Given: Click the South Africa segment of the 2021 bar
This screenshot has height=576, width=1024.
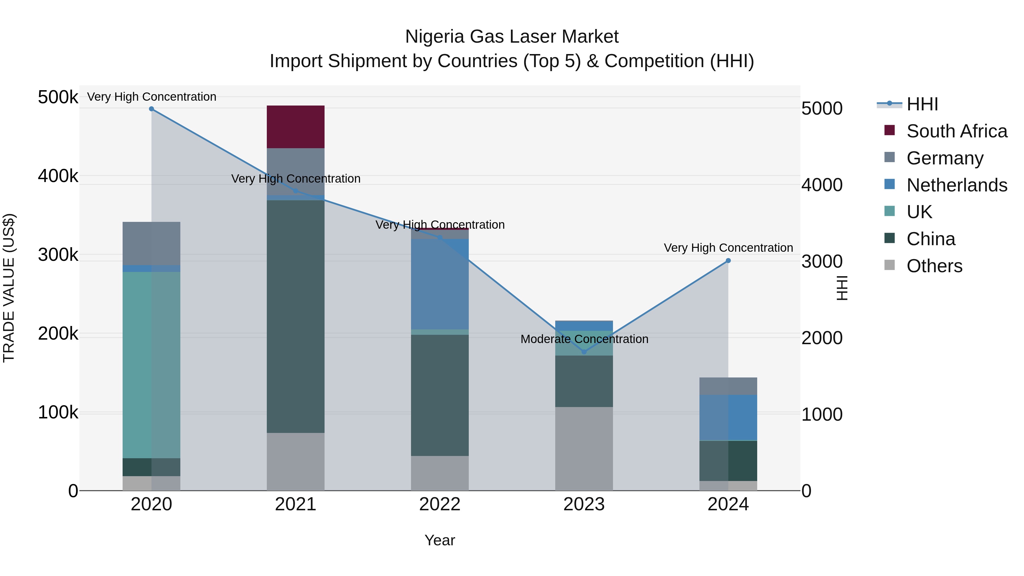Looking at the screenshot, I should coord(295,127).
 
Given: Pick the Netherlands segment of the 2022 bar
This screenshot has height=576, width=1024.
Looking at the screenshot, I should coord(440,284).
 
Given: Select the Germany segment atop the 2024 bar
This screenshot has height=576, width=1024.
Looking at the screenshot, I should coord(728,386).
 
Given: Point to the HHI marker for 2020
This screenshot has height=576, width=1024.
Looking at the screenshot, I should coord(151,109).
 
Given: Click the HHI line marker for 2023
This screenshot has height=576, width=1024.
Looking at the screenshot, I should coord(584,352).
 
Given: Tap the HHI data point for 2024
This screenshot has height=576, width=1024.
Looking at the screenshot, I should coord(728,261).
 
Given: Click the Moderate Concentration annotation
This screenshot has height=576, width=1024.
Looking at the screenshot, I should coord(584,339).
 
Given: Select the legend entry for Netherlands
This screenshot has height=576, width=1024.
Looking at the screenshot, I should coord(957,185).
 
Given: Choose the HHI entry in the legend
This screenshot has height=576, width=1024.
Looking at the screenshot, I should coord(922,104).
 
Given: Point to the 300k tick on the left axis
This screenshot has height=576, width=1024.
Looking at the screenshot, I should coord(58,255).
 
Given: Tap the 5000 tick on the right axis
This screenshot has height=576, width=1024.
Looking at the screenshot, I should coord(822,109).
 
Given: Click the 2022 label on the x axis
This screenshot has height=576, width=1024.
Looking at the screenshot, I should coord(440,504).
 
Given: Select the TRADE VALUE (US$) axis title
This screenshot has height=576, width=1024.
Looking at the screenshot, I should coord(9,288).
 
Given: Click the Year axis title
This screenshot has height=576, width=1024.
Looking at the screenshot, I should coord(440,540).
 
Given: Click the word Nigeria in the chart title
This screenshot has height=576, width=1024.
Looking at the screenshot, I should coord(434,37).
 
